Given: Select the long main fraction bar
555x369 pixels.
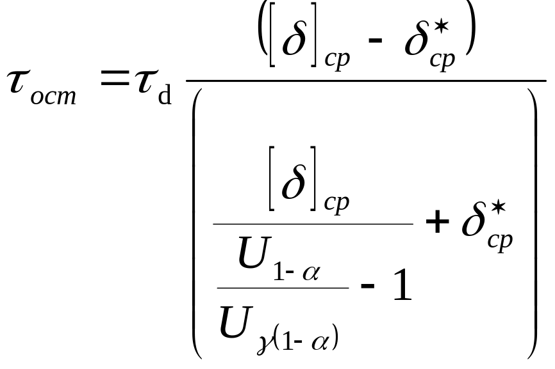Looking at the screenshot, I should pyautogui.click(x=365, y=81).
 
